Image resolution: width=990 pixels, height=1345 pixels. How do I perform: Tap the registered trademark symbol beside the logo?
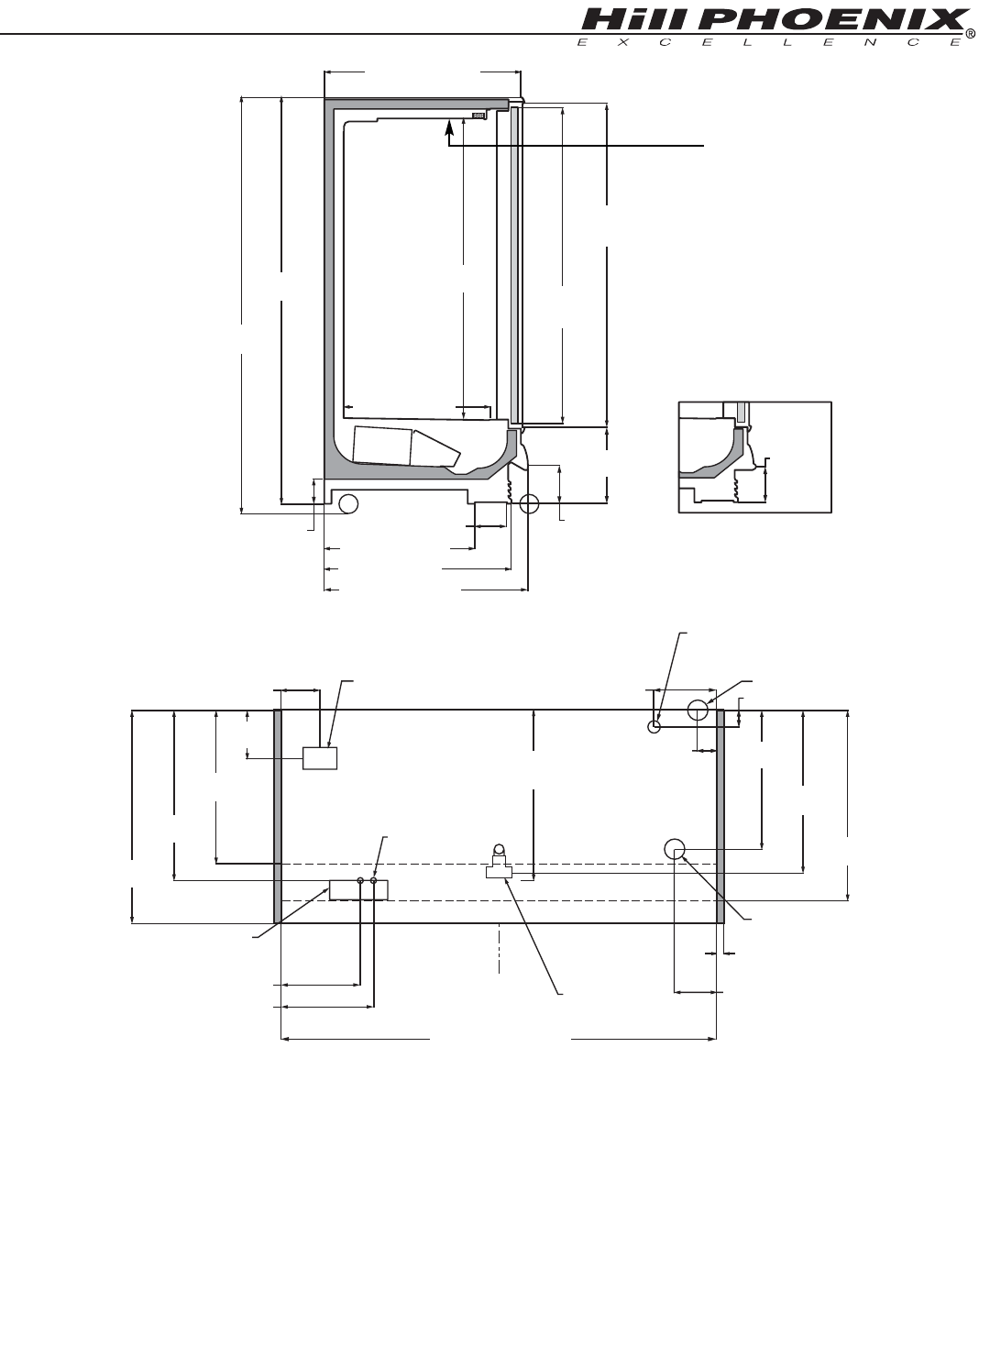970,35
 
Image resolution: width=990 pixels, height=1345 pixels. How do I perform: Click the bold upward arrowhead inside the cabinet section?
448,127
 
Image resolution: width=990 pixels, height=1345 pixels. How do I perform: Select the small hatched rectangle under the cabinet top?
478,115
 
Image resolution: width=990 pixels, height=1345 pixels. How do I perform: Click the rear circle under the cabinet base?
348,503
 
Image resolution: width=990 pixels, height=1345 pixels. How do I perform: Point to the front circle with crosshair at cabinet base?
529,503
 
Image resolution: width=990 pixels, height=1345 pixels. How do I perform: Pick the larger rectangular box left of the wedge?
383,445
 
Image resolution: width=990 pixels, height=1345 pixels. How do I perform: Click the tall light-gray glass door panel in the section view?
514,264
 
